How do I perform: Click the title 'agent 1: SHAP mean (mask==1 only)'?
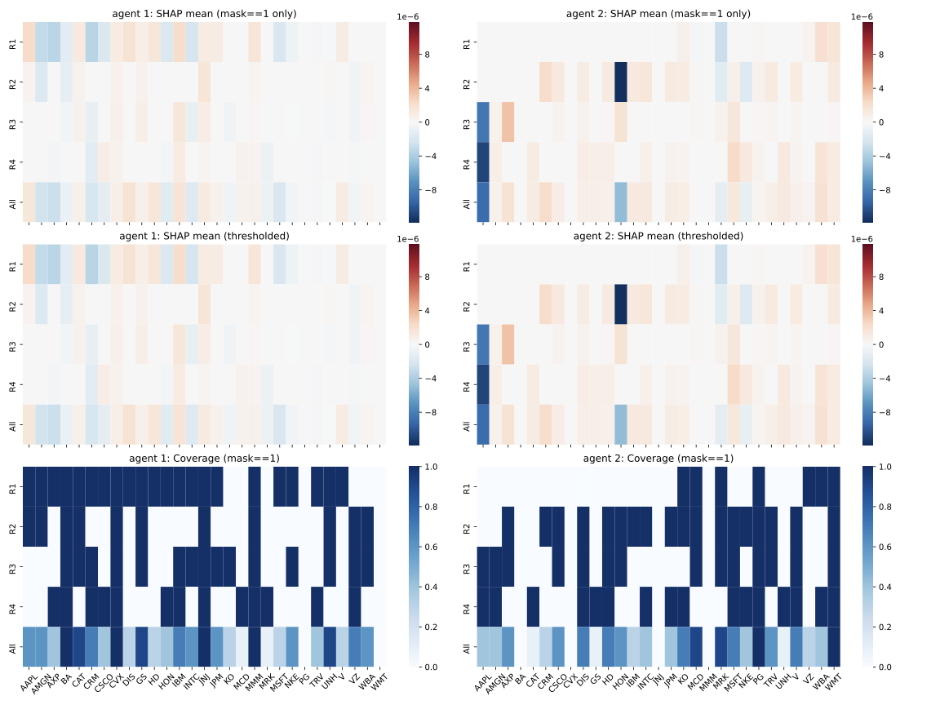click(x=205, y=14)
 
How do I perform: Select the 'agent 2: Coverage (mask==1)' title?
click(x=658, y=459)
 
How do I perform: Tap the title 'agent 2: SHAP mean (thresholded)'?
click(x=658, y=236)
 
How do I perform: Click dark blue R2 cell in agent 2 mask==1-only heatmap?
click(x=621, y=82)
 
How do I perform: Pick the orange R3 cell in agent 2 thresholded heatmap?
click(x=508, y=344)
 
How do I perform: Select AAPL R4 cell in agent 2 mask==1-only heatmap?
click(x=482, y=162)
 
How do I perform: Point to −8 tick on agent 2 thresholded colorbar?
click(x=880, y=413)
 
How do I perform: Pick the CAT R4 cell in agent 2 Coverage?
click(x=533, y=606)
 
